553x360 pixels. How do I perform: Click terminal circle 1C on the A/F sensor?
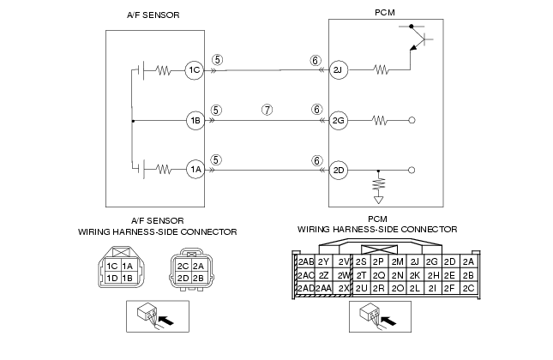pyautogui.click(x=195, y=69)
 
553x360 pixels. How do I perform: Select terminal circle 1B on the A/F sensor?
pyautogui.click(x=195, y=121)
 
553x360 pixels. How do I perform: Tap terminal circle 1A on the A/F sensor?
pyautogui.click(x=195, y=170)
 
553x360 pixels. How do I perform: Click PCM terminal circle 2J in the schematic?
pyautogui.click(x=338, y=69)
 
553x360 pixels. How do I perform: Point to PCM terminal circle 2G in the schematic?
pyautogui.click(x=338, y=121)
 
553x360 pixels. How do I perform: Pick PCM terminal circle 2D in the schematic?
pyautogui.click(x=338, y=171)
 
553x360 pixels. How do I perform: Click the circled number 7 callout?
pyautogui.click(x=267, y=110)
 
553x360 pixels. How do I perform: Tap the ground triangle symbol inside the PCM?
pyautogui.click(x=378, y=200)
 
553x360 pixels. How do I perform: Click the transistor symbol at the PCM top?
pyautogui.click(x=416, y=38)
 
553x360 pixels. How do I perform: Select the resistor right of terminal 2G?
pyautogui.click(x=380, y=121)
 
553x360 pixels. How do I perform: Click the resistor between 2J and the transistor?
pyautogui.click(x=381, y=69)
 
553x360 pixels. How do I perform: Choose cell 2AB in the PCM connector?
pyautogui.click(x=305, y=262)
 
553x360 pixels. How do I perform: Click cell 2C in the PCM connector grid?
pyautogui.click(x=468, y=288)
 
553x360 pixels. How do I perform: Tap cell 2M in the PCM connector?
pyautogui.click(x=398, y=262)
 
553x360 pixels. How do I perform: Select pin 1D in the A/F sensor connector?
pyautogui.click(x=112, y=279)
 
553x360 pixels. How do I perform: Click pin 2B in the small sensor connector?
pyautogui.click(x=199, y=279)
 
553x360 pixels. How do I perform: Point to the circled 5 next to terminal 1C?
pyautogui.click(x=218, y=60)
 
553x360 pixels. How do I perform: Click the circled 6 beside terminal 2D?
pyautogui.click(x=316, y=161)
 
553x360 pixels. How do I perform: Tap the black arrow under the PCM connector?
pyautogui.click(x=388, y=321)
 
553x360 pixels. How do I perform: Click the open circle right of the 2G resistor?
pyautogui.click(x=412, y=121)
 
